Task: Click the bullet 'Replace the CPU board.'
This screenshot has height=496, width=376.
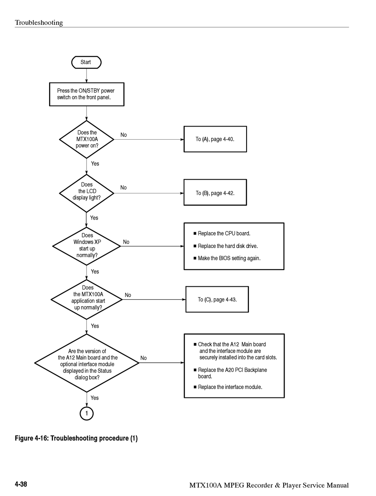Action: (222, 233)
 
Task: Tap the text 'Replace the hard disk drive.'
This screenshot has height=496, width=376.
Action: (226, 246)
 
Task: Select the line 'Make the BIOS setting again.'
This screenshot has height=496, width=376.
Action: (227, 258)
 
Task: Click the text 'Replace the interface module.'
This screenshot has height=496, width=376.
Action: (228, 387)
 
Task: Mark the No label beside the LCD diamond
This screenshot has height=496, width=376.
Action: (123, 187)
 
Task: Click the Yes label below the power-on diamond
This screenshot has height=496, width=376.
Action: (95, 164)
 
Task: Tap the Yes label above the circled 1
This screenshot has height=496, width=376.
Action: (95, 398)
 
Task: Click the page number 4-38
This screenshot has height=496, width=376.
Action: (21, 484)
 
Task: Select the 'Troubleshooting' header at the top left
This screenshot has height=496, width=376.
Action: (39, 23)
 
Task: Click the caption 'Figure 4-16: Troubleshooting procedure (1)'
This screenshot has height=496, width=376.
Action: (76, 438)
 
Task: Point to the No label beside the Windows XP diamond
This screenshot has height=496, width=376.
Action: (126, 242)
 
